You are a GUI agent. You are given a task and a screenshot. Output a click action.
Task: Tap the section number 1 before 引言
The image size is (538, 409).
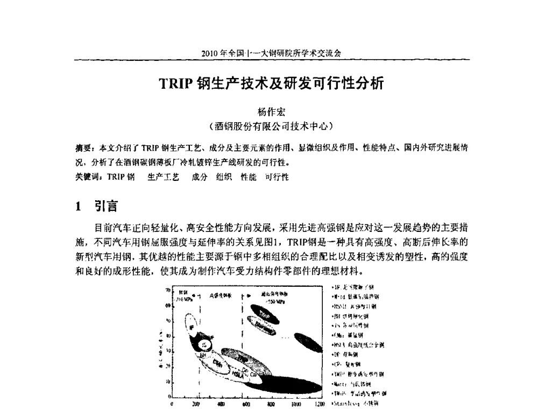(x=79, y=206)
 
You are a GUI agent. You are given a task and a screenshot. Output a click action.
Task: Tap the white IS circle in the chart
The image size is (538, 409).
(x=204, y=344)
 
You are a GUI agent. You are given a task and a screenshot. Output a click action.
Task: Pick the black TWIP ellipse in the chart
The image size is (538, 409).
(x=269, y=314)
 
